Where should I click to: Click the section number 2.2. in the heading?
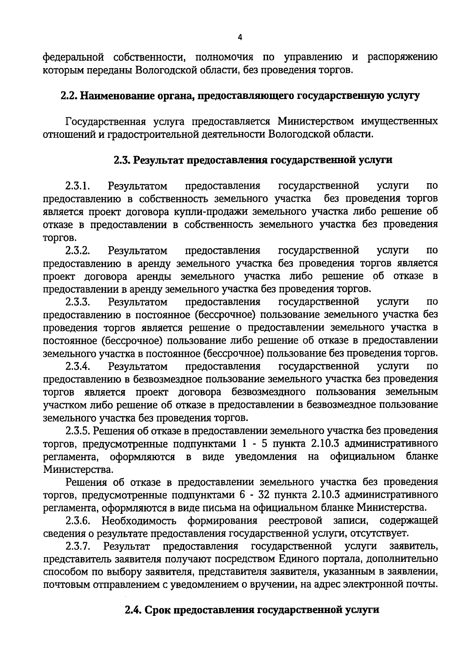coord(69,96)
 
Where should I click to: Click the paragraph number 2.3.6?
coord(78,521)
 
